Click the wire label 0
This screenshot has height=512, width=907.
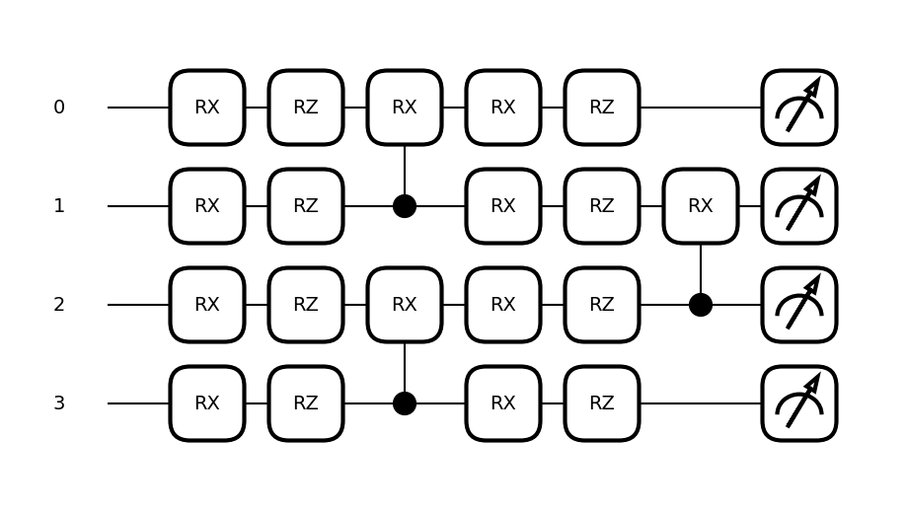[59, 108]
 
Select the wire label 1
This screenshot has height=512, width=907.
[59, 206]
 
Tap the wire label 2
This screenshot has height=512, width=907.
[59, 305]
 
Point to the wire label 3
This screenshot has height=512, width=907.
[59, 403]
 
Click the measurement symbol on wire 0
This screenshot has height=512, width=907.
[799, 108]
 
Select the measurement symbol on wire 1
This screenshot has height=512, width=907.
[799, 206]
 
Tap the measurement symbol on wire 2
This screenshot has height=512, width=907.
[799, 305]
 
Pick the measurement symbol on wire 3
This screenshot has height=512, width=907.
[799, 403]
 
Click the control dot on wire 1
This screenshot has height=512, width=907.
[405, 206]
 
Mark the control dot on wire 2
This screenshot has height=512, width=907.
[701, 305]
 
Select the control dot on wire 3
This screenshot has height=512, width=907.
[405, 403]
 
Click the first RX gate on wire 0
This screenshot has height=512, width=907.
[207, 108]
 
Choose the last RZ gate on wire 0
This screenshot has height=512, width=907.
[602, 108]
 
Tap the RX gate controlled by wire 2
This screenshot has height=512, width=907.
[701, 206]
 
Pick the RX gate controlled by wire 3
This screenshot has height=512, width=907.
[405, 305]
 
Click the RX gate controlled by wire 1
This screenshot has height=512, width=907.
[405, 108]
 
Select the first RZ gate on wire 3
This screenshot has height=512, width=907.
[306, 403]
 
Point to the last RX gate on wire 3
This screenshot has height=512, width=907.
[503, 403]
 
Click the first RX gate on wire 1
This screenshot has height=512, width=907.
[207, 206]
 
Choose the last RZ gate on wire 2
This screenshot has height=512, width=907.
[602, 305]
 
